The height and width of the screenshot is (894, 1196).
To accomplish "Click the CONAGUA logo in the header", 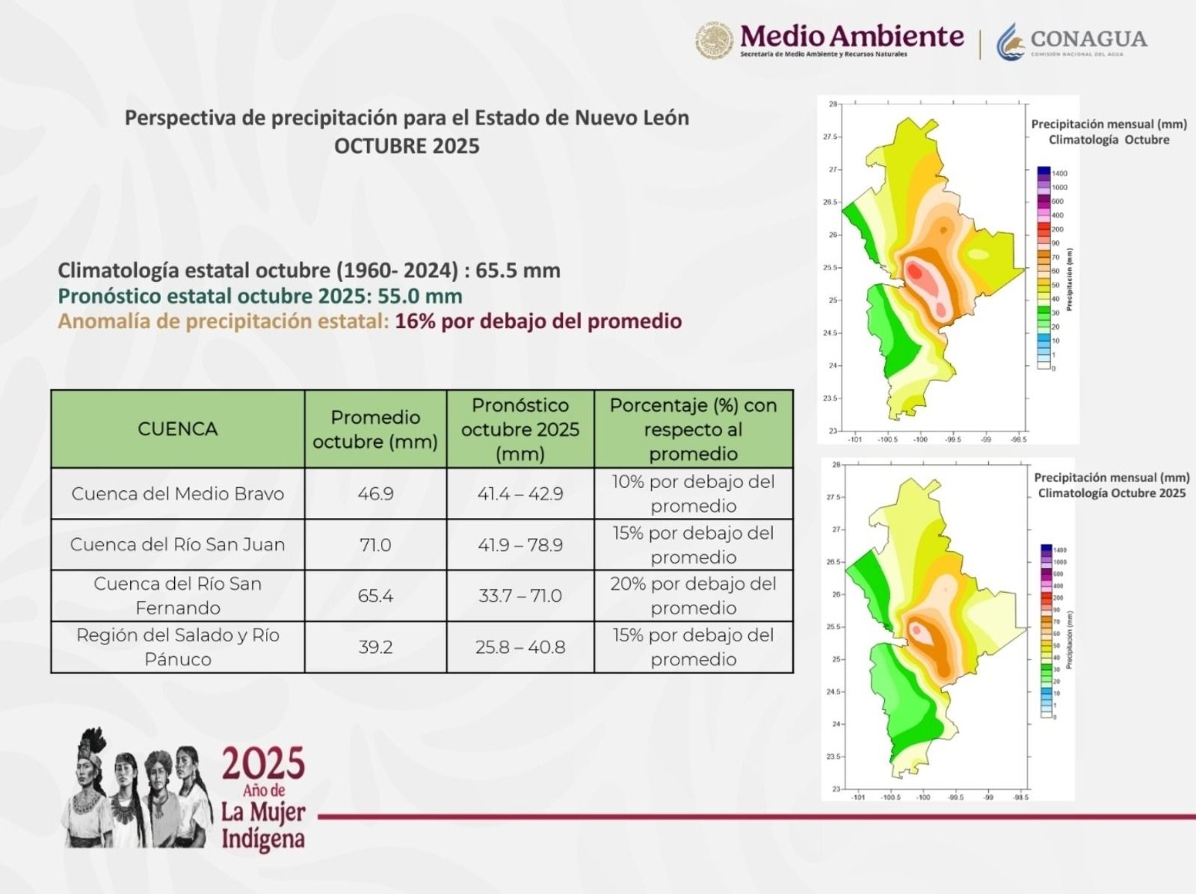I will [1071, 40].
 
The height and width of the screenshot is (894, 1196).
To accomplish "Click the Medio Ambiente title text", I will [852, 36].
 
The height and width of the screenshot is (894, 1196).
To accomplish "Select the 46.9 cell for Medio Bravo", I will [375, 494].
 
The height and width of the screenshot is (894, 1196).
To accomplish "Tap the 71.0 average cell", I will [375, 545].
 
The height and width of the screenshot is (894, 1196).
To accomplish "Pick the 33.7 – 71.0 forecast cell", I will [520, 596].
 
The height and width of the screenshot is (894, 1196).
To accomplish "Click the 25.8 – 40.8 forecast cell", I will [520, 647].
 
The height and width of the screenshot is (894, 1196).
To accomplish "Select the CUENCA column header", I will [178, 429].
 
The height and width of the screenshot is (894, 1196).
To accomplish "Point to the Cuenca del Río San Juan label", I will [178, 545].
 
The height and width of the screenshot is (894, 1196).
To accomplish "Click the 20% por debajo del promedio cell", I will [693, 596].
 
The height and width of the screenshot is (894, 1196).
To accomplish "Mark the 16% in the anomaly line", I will [414, 321].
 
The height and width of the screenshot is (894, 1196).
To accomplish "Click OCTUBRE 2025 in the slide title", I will [407, 145].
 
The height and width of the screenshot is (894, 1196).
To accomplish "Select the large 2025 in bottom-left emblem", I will [263, 763].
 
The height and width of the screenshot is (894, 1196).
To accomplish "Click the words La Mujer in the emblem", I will [263, 812].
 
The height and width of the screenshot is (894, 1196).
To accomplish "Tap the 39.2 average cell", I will [375, 647].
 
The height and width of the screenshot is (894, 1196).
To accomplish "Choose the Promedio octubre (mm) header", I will [375, 429].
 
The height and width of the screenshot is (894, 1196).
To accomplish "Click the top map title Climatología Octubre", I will [1109, 140].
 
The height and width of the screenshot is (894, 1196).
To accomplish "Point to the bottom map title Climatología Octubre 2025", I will [1112, 493].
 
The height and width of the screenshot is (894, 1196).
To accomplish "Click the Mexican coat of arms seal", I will [714, 40].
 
